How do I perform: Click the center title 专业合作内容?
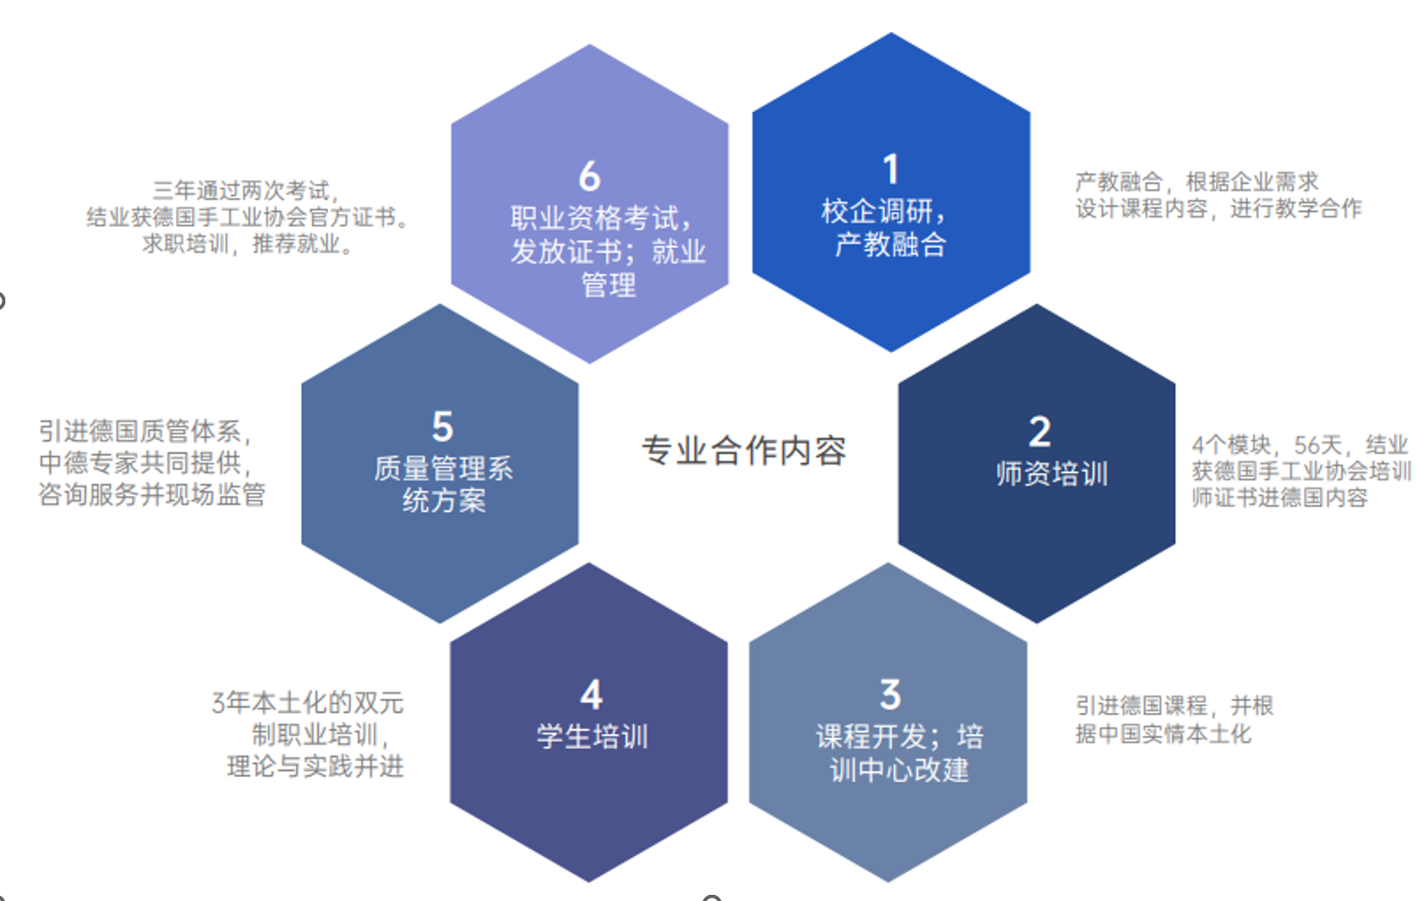(744, 450)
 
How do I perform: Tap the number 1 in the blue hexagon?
(891, 170)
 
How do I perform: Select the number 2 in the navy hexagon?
(1039, 432)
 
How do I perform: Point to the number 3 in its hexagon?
(890, 694)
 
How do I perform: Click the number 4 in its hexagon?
(591, 694)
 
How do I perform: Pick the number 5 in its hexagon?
(443, 427)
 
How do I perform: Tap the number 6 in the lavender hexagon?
(590, 176)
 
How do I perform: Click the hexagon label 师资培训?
(1052, 474)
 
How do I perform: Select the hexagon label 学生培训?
(592, 736)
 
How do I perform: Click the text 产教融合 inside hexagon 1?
(891, 245)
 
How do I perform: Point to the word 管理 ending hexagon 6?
(608, 285)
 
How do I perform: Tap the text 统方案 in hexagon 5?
(444, 501)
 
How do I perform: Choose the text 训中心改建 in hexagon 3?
(899, 770)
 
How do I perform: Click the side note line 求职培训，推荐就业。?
(248, 244)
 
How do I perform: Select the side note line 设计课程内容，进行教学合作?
(1218, 209)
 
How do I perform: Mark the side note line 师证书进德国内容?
(1280, 497)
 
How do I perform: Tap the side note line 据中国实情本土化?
(1163, 734)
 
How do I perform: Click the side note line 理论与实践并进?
(315, 766)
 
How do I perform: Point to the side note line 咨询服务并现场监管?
(151, 494)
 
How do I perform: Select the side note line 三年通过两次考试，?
(246, 190)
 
